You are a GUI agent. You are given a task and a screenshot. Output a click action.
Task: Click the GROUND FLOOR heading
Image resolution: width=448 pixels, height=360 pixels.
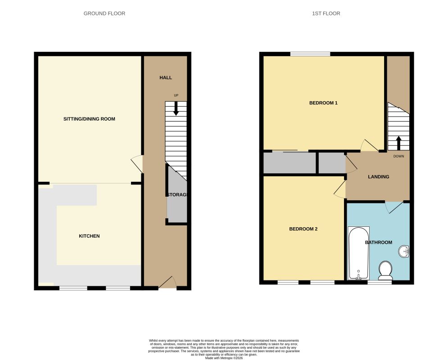tap(104, 13)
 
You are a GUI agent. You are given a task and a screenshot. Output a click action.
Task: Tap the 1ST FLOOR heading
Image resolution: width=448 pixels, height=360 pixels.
tap(326, 13)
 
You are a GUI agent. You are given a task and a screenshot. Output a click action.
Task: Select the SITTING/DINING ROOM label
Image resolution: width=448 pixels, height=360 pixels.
tap(89, 119)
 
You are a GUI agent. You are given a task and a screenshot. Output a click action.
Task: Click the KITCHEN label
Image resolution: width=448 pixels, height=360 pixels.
tap(89, 236)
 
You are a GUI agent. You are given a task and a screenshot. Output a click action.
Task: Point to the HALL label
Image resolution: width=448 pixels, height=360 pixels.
tap(166, 78)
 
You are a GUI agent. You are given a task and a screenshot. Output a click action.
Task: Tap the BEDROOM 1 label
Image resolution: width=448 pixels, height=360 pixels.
tap(323, 103)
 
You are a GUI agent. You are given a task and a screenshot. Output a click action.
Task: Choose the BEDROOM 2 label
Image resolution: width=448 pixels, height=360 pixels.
tap(303, 229)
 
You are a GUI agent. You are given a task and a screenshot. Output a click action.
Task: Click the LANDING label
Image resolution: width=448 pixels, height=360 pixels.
tap(379, 177)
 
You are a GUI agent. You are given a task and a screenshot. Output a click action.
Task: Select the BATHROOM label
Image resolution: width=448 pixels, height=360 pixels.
tap(379, 243)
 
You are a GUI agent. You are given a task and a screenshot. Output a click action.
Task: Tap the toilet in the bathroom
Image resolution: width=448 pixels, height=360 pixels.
tap(385, 270)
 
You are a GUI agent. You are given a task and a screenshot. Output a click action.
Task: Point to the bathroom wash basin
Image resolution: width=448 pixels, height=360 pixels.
tap(404, 252)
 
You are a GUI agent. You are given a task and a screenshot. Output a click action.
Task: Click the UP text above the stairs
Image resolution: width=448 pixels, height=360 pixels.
tap(176, 95)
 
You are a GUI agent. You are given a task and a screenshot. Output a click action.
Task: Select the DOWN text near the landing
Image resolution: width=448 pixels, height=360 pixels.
tap(398, 156)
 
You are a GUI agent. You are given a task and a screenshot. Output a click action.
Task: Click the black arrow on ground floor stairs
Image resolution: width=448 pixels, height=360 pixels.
tap(176, 108)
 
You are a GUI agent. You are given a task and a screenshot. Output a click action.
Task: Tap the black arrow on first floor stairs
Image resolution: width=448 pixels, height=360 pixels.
tap(398, 143)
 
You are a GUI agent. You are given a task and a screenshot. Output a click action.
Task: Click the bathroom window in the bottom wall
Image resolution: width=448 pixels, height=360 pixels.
tap(380, 282)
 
